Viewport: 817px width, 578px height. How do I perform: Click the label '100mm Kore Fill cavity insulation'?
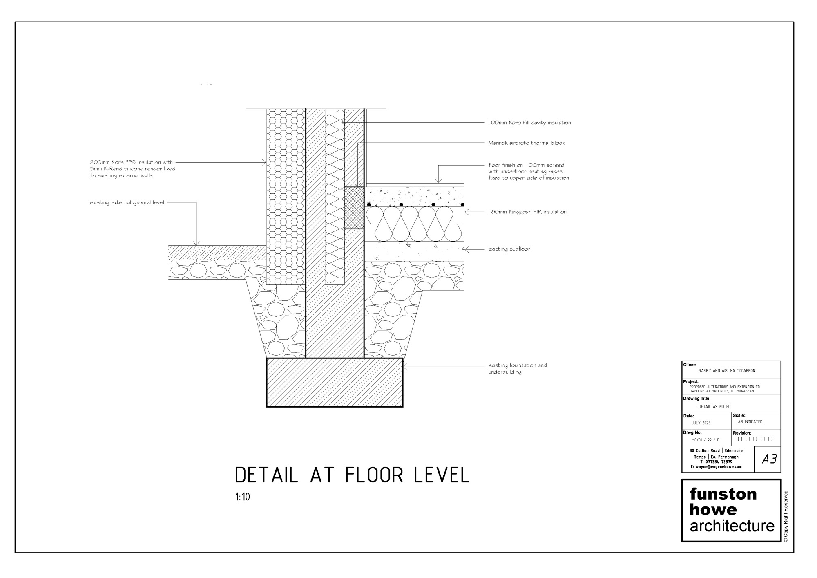[529, 123]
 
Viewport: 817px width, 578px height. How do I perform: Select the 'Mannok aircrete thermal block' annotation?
[527, 143]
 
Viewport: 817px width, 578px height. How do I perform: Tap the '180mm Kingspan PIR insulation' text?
[527, 212]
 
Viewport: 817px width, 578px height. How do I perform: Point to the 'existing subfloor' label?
[509, 249]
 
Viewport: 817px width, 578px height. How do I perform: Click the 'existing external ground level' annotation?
[127, 203]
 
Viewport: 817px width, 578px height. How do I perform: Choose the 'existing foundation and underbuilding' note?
[517, 369]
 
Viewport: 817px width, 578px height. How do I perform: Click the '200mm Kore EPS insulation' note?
[132, 169]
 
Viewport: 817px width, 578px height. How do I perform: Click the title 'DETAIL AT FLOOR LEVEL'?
[352, 475]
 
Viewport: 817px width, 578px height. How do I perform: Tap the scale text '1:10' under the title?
[242, 497]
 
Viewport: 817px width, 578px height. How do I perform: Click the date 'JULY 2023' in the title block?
[701, 423]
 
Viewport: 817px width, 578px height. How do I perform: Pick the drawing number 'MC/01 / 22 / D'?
[705, 440]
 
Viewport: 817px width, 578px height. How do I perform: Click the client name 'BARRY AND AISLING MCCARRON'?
[727, 371]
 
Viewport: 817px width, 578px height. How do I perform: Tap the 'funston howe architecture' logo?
[731, 510]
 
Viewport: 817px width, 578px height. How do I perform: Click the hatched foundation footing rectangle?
[335, 383]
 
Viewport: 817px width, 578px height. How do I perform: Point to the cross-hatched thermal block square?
[354, 208]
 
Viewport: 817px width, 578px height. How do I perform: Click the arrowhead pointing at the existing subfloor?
[467, 249]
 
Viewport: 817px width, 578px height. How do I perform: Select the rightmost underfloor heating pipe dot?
[462, 204]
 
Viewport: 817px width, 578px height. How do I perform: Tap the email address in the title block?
[716, 466]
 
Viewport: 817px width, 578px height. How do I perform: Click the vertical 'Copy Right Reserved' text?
[786, 516]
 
